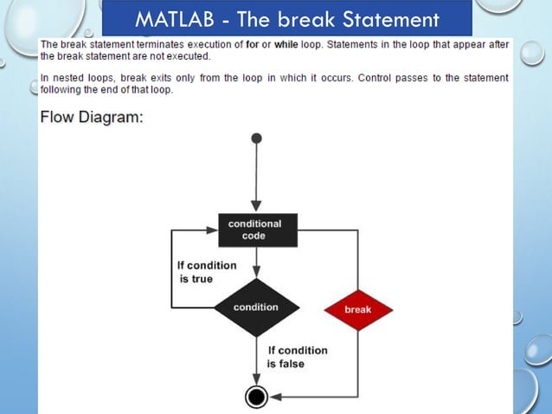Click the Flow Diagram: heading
click(91, 118)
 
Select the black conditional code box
click(257, 230)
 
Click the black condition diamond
click(256, 307)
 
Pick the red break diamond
click(357, 309)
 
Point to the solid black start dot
click(256, 138)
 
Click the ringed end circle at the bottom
click(256, 397)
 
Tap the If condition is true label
click(196, 272)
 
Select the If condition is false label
click(297, 357)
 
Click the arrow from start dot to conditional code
click(256, 178)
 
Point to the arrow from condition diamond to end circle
click(256, 359)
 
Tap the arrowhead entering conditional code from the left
click(210, 230)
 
